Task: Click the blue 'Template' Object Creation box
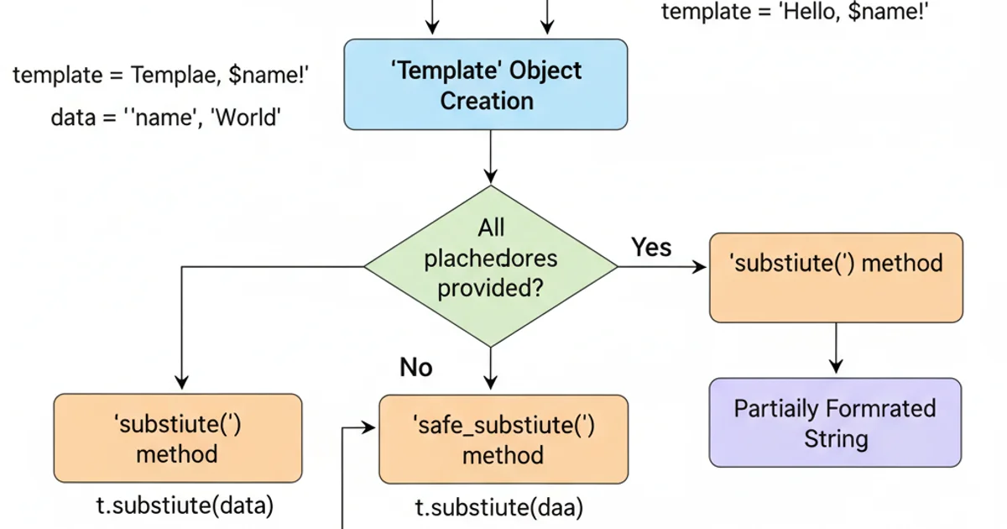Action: (487, 85)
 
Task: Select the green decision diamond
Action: (491, 265)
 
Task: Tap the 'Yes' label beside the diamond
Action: (651, 247)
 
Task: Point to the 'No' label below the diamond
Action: (415, 367)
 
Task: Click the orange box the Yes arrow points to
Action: (836, 278)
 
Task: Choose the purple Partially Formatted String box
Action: (835, 422)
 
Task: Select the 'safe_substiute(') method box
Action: (503, 439)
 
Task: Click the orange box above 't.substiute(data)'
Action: (177, 438)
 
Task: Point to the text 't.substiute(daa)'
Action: (500, 507)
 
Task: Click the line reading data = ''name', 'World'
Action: (165, 118)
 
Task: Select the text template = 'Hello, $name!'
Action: (796, 12)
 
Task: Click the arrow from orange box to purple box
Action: (835, 348)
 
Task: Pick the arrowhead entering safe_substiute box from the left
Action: (369, 428)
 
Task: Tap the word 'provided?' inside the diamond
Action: (490, 288)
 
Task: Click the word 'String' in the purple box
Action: (836, 438)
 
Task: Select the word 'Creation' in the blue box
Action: (487, 101)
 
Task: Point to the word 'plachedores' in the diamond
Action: (490, 258)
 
